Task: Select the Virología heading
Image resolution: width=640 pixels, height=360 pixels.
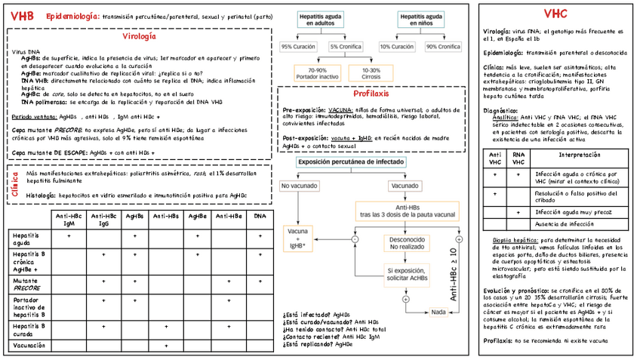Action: tap(139, 36)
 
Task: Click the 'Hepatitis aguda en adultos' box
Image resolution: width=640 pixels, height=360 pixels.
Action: tap(323, 20)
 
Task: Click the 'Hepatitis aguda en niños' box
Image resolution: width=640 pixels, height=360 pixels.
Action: tap(423, 20)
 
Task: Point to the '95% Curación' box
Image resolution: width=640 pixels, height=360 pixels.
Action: tap(298, 47)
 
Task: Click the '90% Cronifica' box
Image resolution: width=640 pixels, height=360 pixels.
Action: tap(443, 47)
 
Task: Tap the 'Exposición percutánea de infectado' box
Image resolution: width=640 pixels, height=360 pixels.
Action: tap(352, 162)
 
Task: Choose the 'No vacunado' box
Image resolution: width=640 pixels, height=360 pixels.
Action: tap(300, 186)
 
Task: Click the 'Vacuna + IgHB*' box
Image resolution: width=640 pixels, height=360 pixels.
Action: tap(301, 240)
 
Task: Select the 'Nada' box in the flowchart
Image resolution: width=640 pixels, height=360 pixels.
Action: tap(438, 312)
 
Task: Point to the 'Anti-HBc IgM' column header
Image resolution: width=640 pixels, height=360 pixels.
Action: tap(69, 220)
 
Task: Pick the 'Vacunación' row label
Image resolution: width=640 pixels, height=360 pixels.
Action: tap(29, 345)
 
